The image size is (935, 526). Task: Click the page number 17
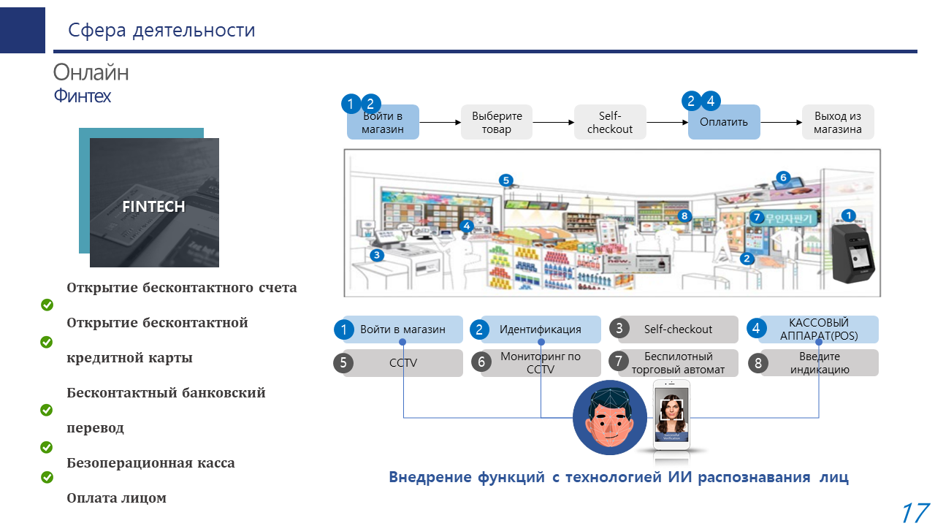tap(915, 513)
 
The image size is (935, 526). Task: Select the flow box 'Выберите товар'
tap(497, 122)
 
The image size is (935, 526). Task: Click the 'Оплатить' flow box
tap(724, 122)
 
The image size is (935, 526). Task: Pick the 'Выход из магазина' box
tap(838, 122)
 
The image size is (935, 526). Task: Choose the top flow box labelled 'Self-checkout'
tap(610, 122)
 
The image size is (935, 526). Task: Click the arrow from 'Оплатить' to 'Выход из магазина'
tap(782, 123)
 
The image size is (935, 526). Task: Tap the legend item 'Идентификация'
tap(541, 329)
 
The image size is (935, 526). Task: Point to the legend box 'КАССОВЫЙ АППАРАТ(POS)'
tap(819, 329)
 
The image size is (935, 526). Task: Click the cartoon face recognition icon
tap(610, 418)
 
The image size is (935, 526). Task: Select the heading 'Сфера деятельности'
tap(161, 30)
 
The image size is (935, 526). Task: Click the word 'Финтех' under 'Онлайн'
tap(82, 96)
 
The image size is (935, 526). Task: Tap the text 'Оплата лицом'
tap(117, 498)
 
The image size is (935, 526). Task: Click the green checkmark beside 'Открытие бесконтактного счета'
tap(47, 305)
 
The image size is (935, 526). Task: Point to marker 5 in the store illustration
tap(505, 180)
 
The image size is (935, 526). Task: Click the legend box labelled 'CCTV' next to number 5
tap(403, 363)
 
